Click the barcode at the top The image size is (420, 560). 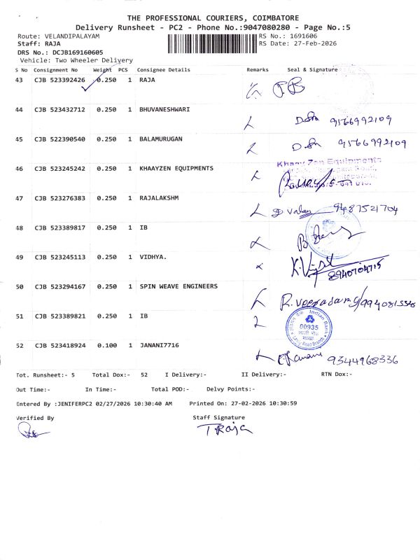(x=212, y=43)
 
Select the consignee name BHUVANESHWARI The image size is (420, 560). (x=164, y=110)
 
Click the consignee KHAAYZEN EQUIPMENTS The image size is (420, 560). (x=176, y=169)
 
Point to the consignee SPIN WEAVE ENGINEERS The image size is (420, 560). (x=178, y=286)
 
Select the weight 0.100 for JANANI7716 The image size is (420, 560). (x=106, y=346)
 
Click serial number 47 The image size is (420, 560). (x=19, y=198)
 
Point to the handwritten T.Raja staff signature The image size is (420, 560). (x=224, y=429)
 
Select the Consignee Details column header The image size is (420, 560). (x=164, y=70)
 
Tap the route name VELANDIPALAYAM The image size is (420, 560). (x=75, y=35)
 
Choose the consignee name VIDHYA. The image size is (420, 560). (x=153, y=257)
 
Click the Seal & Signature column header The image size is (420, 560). (x=312, y=70)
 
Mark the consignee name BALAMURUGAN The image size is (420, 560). (x=161, y=139)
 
